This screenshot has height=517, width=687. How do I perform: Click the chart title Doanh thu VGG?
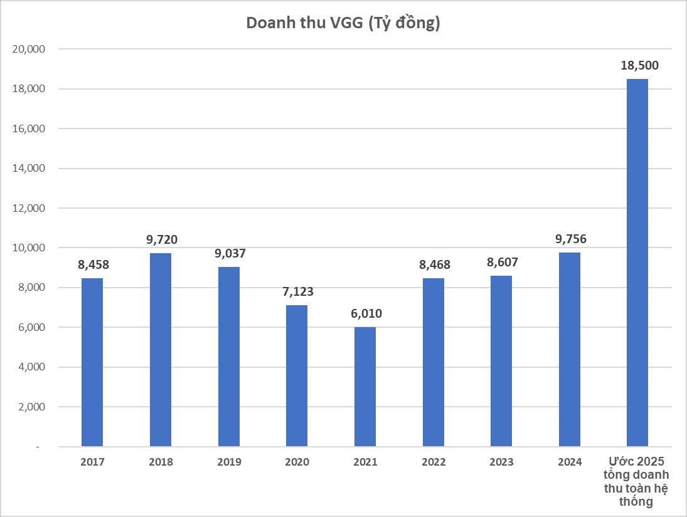343,23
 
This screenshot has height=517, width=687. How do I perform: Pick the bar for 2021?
365,387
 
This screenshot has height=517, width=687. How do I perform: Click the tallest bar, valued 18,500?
637,263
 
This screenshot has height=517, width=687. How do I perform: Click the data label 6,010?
365,314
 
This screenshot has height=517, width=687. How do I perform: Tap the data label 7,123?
297,292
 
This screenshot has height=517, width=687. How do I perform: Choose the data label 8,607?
502,263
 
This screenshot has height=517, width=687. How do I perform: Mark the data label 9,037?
229,254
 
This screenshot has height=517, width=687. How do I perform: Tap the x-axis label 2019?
229,462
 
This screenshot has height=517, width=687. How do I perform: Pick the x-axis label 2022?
434,462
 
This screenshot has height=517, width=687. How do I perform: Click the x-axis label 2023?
501,462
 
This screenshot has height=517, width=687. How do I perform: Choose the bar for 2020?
297,375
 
